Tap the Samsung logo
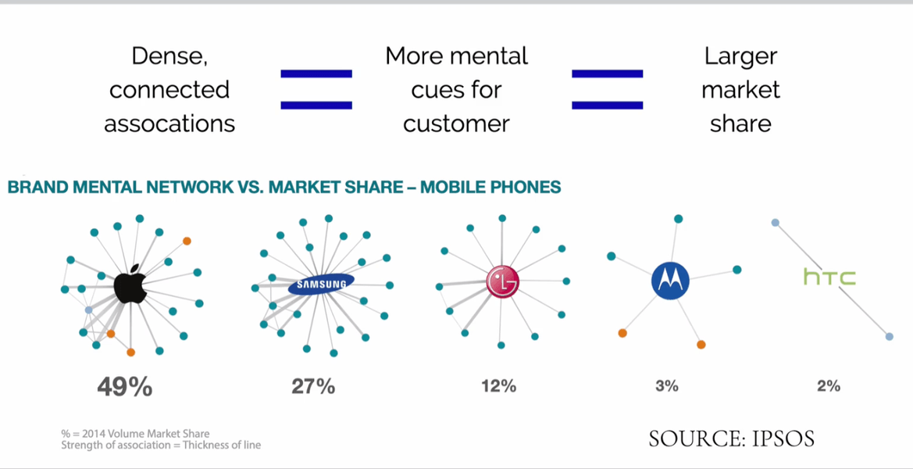click(321, 285)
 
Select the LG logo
click(502, 282)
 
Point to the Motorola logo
click(670, 280)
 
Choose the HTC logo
click(829, 277)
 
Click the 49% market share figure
click(124, 386)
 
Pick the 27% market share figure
click(313, 386)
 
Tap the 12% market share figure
click(498, 385)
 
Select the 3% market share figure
click(666, 385)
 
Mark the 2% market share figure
click(828, 385)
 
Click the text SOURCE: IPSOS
click(731, 439)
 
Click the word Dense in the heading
click(169, 56)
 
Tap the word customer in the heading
click(457, 124)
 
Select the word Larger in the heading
click(740, 56)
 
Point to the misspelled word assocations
click(169, 124)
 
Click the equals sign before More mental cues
click(316, 89)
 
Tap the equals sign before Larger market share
click(607, 89)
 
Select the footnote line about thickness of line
click(161, 446)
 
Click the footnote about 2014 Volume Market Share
click(135, 434)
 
